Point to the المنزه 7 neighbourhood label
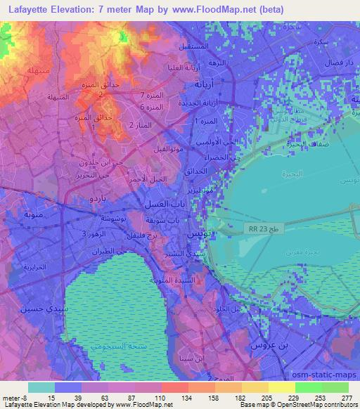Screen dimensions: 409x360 [x=151, y=95]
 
